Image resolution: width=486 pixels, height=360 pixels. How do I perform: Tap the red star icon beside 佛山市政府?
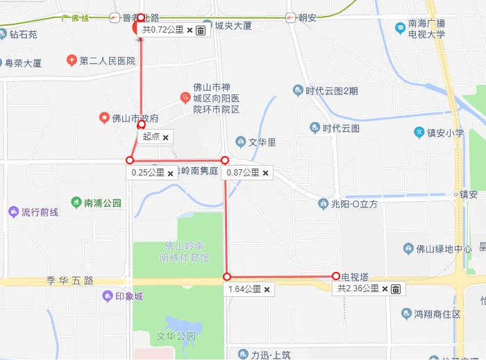tap(104, 117)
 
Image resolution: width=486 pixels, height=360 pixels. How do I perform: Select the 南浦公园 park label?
tap(102, 203)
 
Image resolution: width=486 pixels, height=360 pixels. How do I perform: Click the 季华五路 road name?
tap(69, 281)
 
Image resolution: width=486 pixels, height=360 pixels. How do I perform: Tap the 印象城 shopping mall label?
tap(128, 297)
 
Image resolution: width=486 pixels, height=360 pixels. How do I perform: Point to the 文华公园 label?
tap(176, 336)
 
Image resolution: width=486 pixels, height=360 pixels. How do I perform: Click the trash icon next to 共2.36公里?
tap(396, 289)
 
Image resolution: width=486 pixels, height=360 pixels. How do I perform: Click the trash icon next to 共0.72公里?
tap(200, 30)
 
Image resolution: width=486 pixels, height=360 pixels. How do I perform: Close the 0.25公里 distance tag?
tap(170, 173)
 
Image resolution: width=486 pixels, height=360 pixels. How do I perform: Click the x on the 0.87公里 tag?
tap(265, 173)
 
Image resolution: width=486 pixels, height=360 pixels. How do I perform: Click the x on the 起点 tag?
tap(165, 137)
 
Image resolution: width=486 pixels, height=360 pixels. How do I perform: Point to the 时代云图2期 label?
tap(331, 91)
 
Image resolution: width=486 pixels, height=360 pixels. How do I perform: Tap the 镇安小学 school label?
tap(444, 132)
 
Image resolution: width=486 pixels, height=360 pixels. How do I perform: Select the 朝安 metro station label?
tap(305, 17)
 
